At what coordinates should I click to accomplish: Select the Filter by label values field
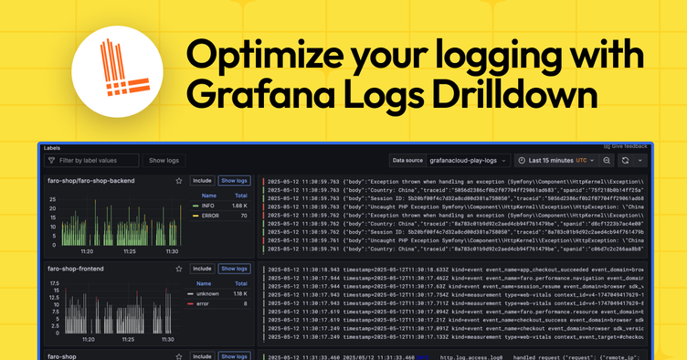coord(91,161)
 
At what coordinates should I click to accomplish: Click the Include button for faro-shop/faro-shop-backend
coord(202,181)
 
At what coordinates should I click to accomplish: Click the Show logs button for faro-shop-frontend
coord(235,269)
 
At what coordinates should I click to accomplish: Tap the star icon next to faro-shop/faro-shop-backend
coord(179,181)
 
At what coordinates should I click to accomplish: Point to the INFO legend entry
coord(207,206)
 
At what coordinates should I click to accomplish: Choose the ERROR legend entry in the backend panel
coord(209,216)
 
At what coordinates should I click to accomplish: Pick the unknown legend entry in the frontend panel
coord(209,293)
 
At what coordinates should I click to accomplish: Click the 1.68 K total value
coord(240,206)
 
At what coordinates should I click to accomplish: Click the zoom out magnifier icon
coord(606,160)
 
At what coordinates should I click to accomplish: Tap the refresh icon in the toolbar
coord(626,160)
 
